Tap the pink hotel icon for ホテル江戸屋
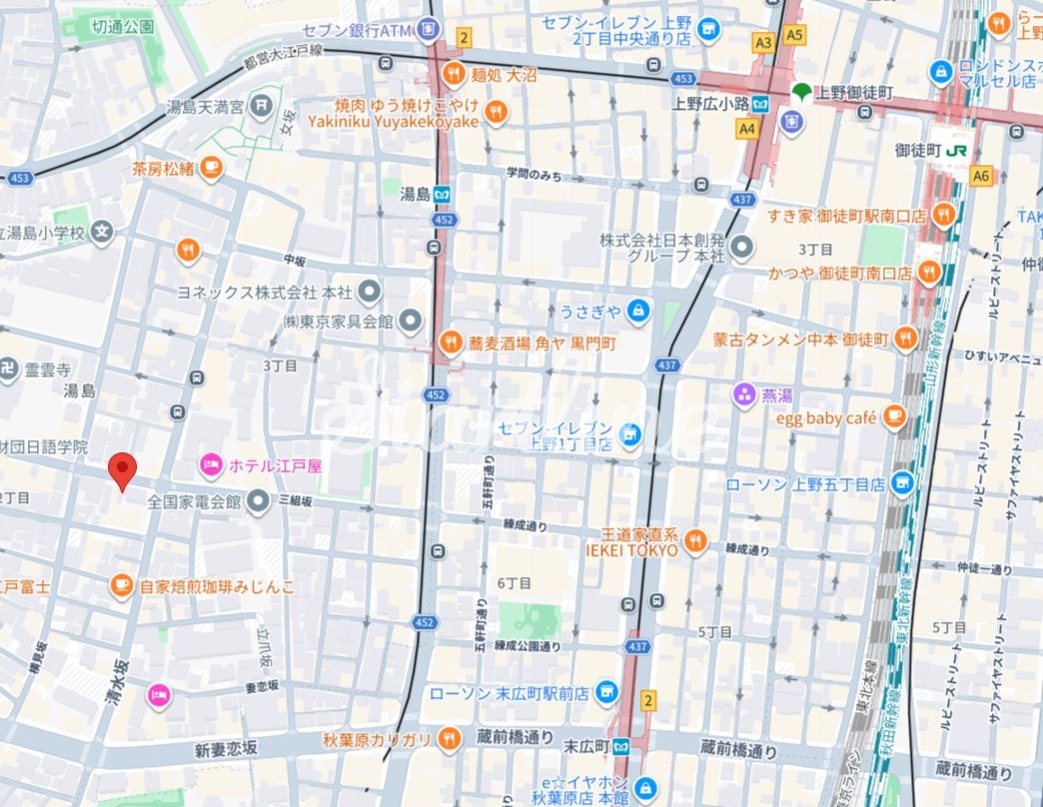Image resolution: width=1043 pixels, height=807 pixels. click(211, 464)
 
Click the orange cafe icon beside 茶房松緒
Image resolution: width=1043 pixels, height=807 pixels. click(210, 169)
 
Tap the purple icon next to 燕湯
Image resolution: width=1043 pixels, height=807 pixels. click(744, 393)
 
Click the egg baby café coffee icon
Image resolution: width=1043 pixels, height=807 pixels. click(895, 417)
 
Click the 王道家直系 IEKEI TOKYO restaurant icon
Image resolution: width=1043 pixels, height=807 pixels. click(696, 542)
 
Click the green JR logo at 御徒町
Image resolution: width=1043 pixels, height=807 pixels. click(957, 150)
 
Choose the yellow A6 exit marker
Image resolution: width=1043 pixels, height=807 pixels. click(982, 176)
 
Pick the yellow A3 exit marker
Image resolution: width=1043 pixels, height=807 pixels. click(764, 42)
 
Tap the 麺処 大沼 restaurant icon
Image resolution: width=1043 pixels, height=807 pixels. click(454, 72)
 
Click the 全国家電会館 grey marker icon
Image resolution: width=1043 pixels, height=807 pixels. click(259, 499)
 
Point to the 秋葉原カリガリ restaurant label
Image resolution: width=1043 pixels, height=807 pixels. click(377, 739)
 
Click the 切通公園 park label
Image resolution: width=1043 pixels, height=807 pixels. click(122, 26)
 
